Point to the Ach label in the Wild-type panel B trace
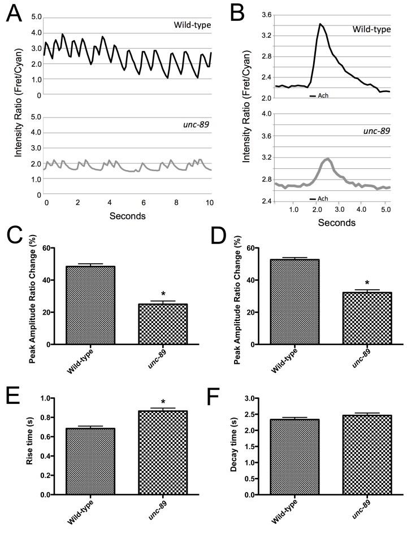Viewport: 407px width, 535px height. coord(323,95)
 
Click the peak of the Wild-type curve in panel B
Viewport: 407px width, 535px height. coord(321,24)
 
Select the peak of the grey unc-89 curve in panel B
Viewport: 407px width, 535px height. coord(327,159)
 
